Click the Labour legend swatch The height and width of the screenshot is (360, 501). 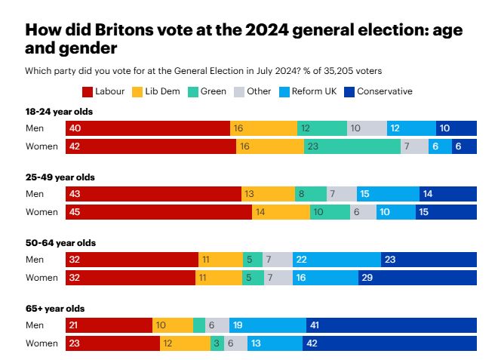87,91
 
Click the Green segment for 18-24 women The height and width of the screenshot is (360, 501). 352,146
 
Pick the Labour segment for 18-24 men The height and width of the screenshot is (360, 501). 148,128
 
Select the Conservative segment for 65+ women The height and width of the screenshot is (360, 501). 389,343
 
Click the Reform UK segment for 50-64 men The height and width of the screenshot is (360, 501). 337,260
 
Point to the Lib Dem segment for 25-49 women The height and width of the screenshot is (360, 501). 281,212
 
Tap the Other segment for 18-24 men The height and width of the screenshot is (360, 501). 367,128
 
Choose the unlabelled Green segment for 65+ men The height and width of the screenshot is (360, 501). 199,325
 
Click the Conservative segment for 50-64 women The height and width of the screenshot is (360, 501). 417,278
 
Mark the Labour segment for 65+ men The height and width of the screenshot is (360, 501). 109,325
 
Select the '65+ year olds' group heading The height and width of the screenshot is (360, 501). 55,309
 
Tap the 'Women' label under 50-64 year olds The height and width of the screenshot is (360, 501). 41,278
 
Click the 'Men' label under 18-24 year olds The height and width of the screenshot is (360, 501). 35,128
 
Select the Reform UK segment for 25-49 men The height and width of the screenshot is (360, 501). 388,194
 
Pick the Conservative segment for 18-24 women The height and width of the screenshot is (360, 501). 464,146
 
